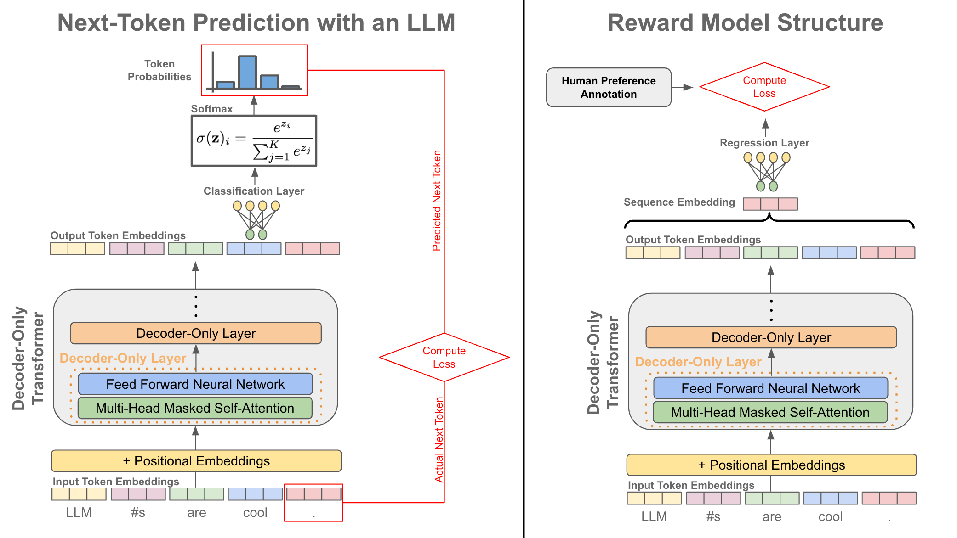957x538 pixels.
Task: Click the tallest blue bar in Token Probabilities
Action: pyautogui.click(x=247, y=72)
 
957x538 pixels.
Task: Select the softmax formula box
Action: pyautogui.click(x=254, y=140)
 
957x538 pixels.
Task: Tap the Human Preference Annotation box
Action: pyautogui.click(x=609, y=87)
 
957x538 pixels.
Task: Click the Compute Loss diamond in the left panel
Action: pyautogui.click(x=444, y=357)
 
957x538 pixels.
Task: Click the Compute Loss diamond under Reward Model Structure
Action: pyautogui.click(x=764, y=87)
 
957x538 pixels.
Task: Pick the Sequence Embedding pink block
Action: pyautogui.click(x=770, y=204)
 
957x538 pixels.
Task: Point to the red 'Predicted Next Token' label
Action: pyautogui.click(x=437, y=201)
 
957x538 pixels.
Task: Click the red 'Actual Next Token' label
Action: pyautogui.click(x=439, y=440)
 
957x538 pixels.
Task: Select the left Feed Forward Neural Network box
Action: pyautogui.click(x=195, y=384)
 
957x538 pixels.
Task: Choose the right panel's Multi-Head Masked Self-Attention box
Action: pyautogui.click(x=770, y=412)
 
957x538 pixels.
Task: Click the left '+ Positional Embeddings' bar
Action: pyautogui.click(x=196, y=461)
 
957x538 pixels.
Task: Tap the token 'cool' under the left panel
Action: pyautogui.click(x=255, y=512)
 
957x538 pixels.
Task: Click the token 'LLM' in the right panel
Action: pyautogui.click(x=654, y=516)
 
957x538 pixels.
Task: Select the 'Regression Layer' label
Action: pyautogui.click(x=764, y=143)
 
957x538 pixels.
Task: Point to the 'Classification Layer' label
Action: pyautogui.click(x=254, y=191)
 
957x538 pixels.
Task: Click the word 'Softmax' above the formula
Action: pyautogui.click(x=212, y=109)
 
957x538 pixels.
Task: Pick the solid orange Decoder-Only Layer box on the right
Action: pyautogui.click(x=771, y=337)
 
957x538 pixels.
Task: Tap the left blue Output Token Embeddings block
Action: pyautogui.click(x=254, y=249)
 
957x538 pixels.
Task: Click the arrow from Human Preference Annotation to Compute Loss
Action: pyautogui.click(x=682, y=87)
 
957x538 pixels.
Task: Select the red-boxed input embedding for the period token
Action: pyautogui.click(x=313, y=494)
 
